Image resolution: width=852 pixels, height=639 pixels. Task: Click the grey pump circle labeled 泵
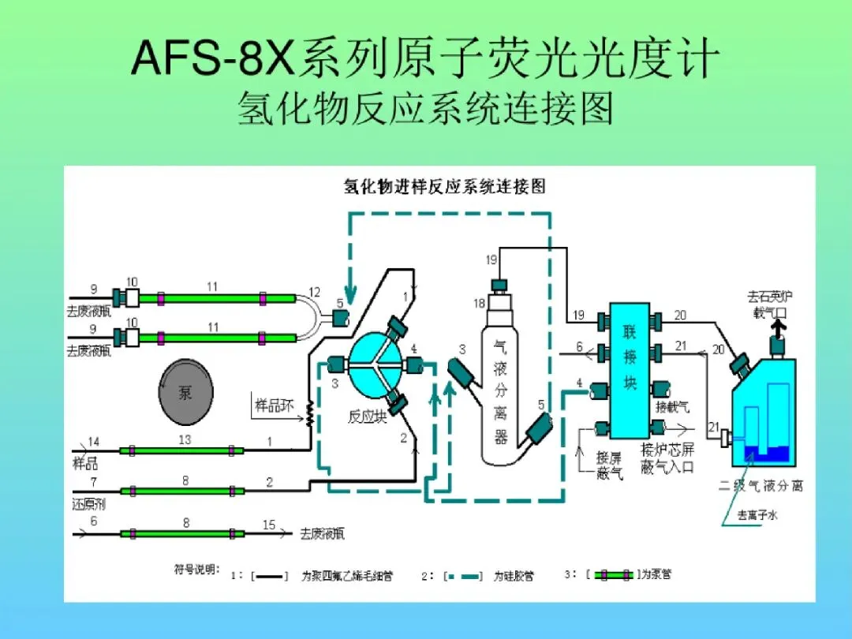pyautogui.click(x=185, y=392)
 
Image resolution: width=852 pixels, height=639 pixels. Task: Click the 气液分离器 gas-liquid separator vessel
pyautogui.click(x=502, y=387)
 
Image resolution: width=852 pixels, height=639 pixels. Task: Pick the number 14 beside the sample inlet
pyautogui.click(x=94, y=442)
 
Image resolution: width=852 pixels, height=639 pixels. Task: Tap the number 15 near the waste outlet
pyautogui.click(x=269, y=525)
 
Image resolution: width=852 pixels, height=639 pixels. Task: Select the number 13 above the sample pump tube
pyautogui.click(x=184, y=440)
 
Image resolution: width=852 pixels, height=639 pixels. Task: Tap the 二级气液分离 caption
pyautogui.click(x=760, y=486)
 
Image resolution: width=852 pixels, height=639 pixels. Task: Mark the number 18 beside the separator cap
pyautogui.click(x=479, y=303)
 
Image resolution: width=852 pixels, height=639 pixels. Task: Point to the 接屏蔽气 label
pyautogui.click(x=610, y=465)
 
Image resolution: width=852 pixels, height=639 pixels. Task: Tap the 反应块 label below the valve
pyautogui.click(x=367, y=417)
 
